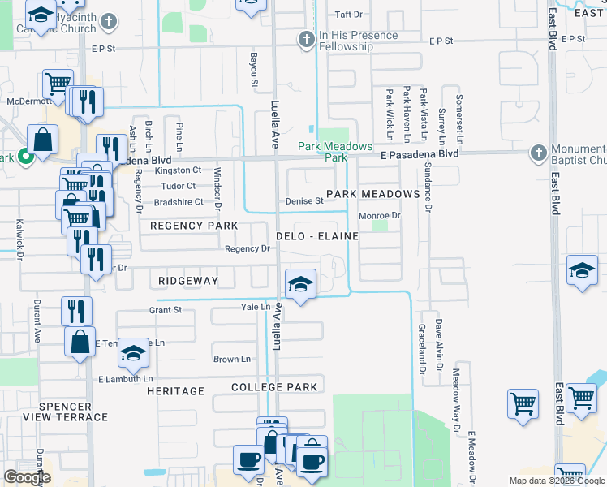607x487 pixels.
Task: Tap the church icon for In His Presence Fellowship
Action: [306, 38]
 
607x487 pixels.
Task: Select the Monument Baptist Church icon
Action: [537, 153]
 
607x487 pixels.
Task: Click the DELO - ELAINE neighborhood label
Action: [316, 235]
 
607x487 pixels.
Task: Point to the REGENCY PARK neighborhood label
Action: [194, 225]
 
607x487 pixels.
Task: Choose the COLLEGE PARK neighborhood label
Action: [274, 387]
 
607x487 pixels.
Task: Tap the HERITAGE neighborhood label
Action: [175, 391]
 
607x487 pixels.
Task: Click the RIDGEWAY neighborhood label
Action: [188, 280]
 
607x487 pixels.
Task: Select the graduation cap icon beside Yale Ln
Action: [300, 284]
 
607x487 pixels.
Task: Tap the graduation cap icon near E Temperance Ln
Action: [134, 353]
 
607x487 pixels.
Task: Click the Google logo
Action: [27, 477]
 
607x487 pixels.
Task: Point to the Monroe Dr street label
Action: [380, 216]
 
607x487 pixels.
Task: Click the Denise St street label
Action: [304, 201]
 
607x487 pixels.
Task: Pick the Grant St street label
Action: [166, 310]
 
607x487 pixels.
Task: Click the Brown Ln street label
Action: [226, 359]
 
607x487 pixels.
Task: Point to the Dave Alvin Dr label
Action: [438, 339]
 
